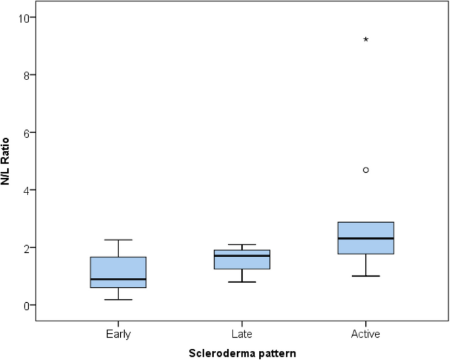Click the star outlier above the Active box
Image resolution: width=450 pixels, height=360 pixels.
pos(366,39)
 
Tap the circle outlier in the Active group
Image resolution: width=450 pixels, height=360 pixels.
pos(366,170)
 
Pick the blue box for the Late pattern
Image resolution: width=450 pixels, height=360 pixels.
pos(242,259)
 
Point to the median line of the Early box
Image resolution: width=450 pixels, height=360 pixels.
pos(118,279)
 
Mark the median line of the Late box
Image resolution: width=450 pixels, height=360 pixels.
pos(242,256)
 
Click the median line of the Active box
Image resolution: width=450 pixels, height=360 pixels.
pos(366,238)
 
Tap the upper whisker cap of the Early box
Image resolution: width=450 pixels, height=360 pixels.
pos(118,240)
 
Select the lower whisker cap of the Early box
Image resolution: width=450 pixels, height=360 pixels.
pos(118,300)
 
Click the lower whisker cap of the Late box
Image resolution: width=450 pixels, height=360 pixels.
pos(242,282)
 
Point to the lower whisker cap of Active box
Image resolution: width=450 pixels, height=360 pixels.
pos(366,276)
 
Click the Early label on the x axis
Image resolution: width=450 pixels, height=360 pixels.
pos(118,334)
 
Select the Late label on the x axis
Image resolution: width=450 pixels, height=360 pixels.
pos(242,334)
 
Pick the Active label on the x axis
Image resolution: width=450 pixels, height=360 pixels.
pos(366,334)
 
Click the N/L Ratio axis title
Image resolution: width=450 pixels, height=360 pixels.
pos(8,161)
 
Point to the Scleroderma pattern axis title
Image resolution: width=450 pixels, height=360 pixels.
pos(242,353)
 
